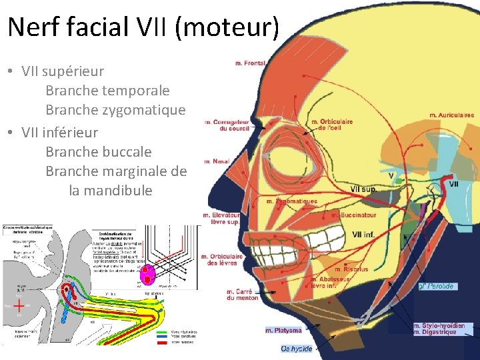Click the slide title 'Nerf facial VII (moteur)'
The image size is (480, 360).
click(x=143, y=27)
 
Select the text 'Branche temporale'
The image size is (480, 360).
click(x=107, y=90)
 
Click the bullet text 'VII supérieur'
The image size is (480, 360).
click(x=63, y=70)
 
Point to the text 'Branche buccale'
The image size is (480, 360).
click(x=99, y=151)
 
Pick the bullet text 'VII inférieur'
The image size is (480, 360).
click(x=60, y=132)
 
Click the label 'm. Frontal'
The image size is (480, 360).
click(x=250, y=63)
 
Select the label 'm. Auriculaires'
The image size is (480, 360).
click(x=451, y=115)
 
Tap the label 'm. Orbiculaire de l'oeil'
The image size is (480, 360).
click(x=331, y=125)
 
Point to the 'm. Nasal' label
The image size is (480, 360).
click(x=217, y=161)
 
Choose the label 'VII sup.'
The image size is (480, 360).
click(x=363, y=189)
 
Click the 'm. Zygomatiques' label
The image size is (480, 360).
click(x=291, y=201)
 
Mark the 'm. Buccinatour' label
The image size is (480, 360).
click(x=353, y=215)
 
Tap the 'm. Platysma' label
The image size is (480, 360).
click(x=283, y=330)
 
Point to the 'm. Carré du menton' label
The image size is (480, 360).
click(x=242, y=295)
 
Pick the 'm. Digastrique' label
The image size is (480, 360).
click(x=435, y=332)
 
